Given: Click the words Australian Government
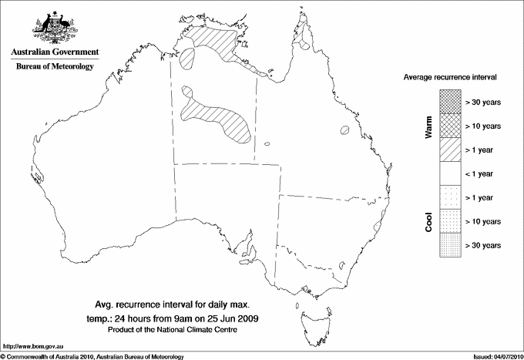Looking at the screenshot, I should (x=54, y=52).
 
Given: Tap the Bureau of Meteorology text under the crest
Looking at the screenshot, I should (x=54, y=67).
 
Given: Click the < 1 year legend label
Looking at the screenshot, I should (x=482, y=173).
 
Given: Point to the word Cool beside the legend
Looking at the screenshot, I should (x=429, y=221).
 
